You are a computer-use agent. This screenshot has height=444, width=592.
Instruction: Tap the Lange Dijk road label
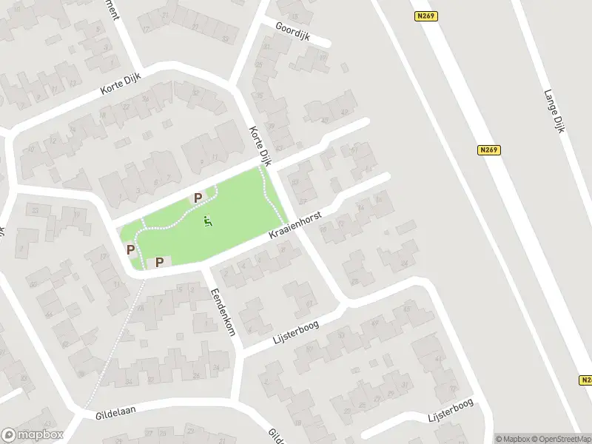click(554, 111)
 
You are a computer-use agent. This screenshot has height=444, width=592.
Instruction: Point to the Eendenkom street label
click(223, 312)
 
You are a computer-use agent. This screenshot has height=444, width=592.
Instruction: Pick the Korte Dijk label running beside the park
click(260, 144)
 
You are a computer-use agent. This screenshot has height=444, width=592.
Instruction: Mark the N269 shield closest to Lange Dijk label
click(489, 150)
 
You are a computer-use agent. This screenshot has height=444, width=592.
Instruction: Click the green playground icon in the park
click(208, 221)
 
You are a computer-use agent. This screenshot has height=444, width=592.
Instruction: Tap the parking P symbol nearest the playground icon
click(198, 198)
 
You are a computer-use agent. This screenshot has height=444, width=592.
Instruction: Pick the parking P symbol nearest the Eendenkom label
click(159, 262)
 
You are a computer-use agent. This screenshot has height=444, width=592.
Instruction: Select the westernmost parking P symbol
click(131, 249)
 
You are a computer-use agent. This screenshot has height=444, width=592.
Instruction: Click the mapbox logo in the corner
click(31, 434)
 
